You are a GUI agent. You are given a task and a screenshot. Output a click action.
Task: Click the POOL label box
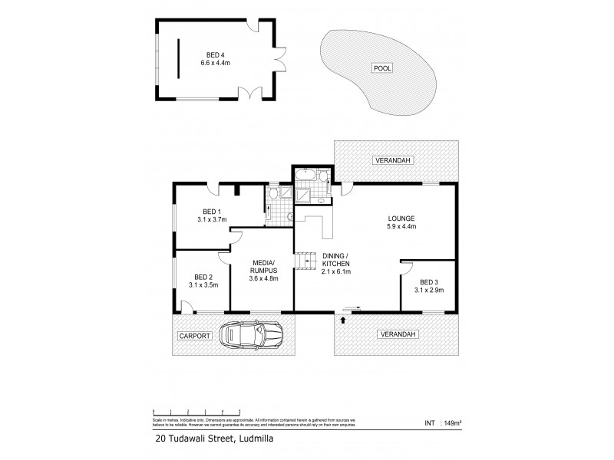pos(381,68)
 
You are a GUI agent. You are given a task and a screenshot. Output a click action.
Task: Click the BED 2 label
pos(203,281)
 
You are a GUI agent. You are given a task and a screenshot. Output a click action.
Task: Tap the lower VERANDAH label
pos(397,334)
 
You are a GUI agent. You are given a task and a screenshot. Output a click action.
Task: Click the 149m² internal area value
pos(454,421)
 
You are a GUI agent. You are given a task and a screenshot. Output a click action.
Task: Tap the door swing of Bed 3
pos(406,268)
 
